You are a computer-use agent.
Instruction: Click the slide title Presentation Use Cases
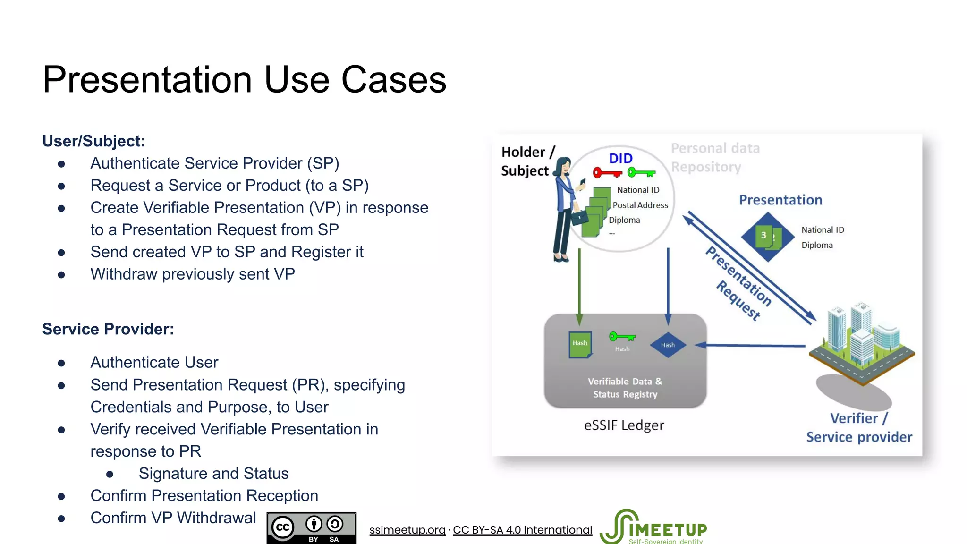244,80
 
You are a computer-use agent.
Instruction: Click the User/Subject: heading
93,141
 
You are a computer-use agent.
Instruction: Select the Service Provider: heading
108,329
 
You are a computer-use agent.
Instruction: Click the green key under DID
641,173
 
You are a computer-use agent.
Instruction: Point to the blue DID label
620,159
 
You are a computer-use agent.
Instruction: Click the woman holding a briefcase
566,210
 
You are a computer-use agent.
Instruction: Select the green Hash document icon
580,344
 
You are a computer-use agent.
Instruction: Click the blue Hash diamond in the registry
668,345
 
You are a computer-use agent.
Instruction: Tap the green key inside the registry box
622,337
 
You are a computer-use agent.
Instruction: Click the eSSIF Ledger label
624,425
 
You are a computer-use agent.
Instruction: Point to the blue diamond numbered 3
767,237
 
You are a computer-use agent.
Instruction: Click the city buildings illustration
861,340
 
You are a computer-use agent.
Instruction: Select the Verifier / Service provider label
859,428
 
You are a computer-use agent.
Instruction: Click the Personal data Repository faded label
715,158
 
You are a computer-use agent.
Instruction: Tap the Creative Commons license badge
311,528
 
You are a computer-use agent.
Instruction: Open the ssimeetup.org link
407,530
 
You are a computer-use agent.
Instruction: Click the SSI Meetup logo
654,527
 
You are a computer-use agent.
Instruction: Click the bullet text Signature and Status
213,474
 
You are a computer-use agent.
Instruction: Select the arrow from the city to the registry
751,346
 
